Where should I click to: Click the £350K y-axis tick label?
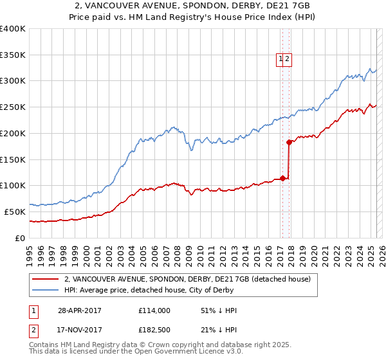[x=13, y=55]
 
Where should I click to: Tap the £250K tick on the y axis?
[x=13, y=107]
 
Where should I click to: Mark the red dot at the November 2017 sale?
[x=289, y=142]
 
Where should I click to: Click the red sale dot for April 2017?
[x=282, y=178]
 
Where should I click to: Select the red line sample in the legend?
[x=45, y=279]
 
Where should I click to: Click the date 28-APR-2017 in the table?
[x=80, y=310]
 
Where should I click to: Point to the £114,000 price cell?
[x=154, y=310]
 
